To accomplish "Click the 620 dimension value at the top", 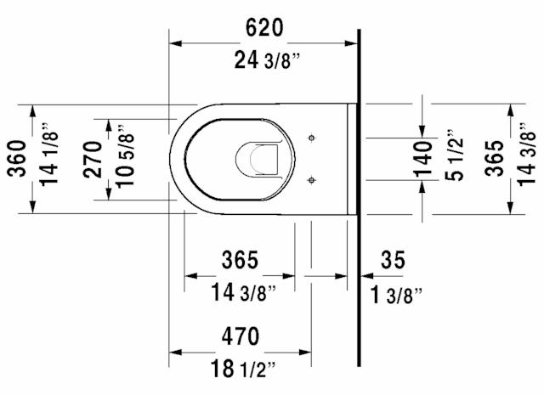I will (x=264, y=28).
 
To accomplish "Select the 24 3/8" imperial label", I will (x=263, y=59).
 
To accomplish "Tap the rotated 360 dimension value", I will (x=15, y=159).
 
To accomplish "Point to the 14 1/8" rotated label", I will (x=49, y=159).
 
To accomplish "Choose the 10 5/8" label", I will (x=126, y=159).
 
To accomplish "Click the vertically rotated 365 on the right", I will (x=494, y=159).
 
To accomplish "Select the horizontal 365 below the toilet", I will (x=240, y=260).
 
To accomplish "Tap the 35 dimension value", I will (x=393, y=260).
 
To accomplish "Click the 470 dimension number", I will (x=240, y=336).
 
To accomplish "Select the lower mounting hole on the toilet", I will (x=313, y=179).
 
